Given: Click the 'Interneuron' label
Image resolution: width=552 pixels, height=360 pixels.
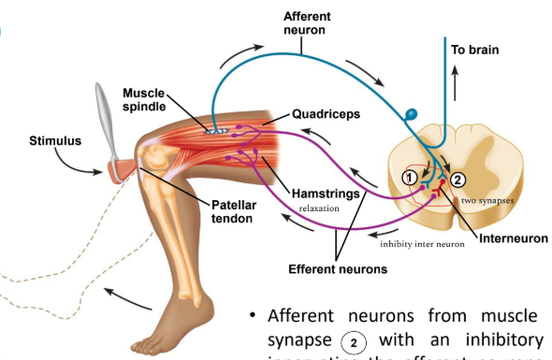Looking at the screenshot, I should tap(513, 238).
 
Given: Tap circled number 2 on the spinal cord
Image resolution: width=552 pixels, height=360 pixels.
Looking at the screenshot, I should tap(457, 179).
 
